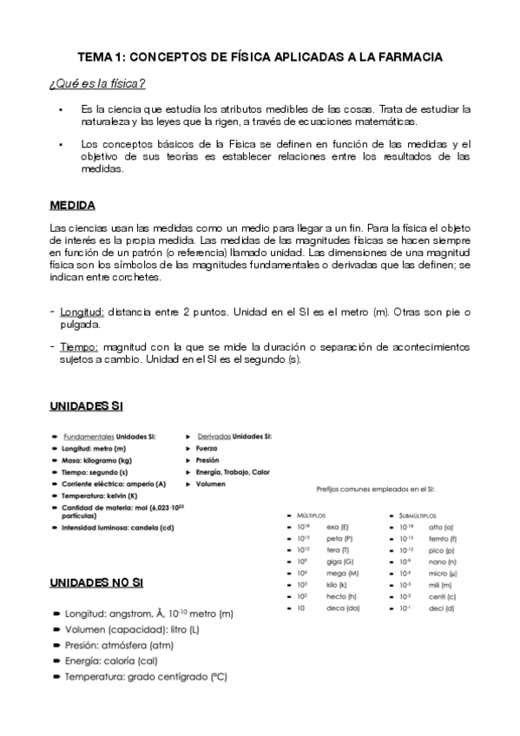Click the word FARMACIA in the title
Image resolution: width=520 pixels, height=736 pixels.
tap(407, 56)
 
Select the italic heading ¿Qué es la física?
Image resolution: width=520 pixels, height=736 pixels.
tap(96, 83)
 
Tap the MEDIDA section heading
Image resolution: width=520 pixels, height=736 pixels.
tap(73, 206)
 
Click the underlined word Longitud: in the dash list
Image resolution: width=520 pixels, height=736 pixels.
tap(82, 312)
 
